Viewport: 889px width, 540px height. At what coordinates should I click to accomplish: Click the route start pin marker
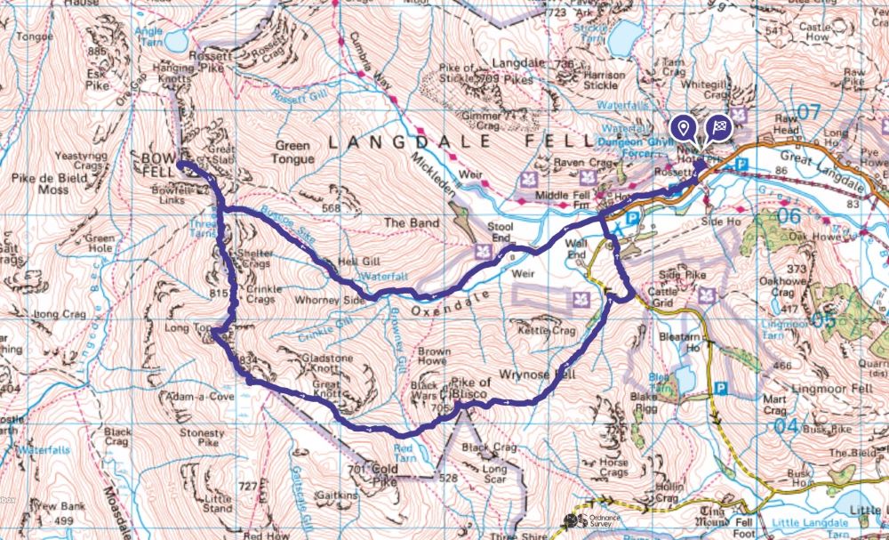coord(683,128)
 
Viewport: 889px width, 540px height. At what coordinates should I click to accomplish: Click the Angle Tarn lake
coord(174,41)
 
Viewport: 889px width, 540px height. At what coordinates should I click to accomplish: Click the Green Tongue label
coord(292,152)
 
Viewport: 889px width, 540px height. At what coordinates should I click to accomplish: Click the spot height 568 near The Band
coord(332,208)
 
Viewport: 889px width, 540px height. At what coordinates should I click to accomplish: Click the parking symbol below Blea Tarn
coord(721,388)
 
